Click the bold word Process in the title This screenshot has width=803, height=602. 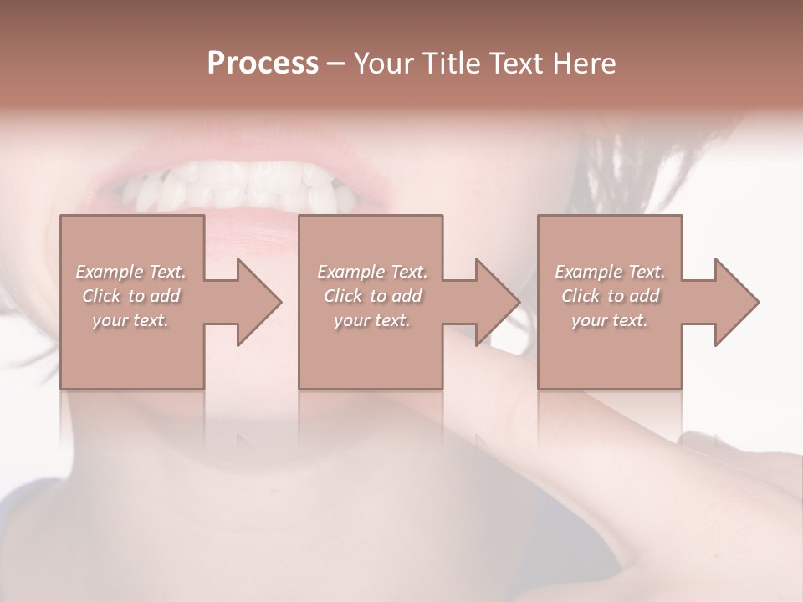[x=263, y=64]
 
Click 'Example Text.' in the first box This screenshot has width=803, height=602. [x=130, y=272]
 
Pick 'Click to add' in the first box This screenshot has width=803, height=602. [x=130, y=296]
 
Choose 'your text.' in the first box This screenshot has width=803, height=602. [x=130, y=320]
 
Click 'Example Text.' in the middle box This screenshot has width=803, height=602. [x=372, y=272]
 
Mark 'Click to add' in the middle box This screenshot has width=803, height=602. [x=372, y=296]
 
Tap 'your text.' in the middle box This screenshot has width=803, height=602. [x=372, y=320]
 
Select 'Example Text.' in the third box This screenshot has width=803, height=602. [x=610, y=272]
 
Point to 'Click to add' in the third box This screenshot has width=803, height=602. [x=610, y=296]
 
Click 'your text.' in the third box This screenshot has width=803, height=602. [x=610, y=320]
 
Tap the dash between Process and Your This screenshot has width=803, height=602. [x=336, y=64]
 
